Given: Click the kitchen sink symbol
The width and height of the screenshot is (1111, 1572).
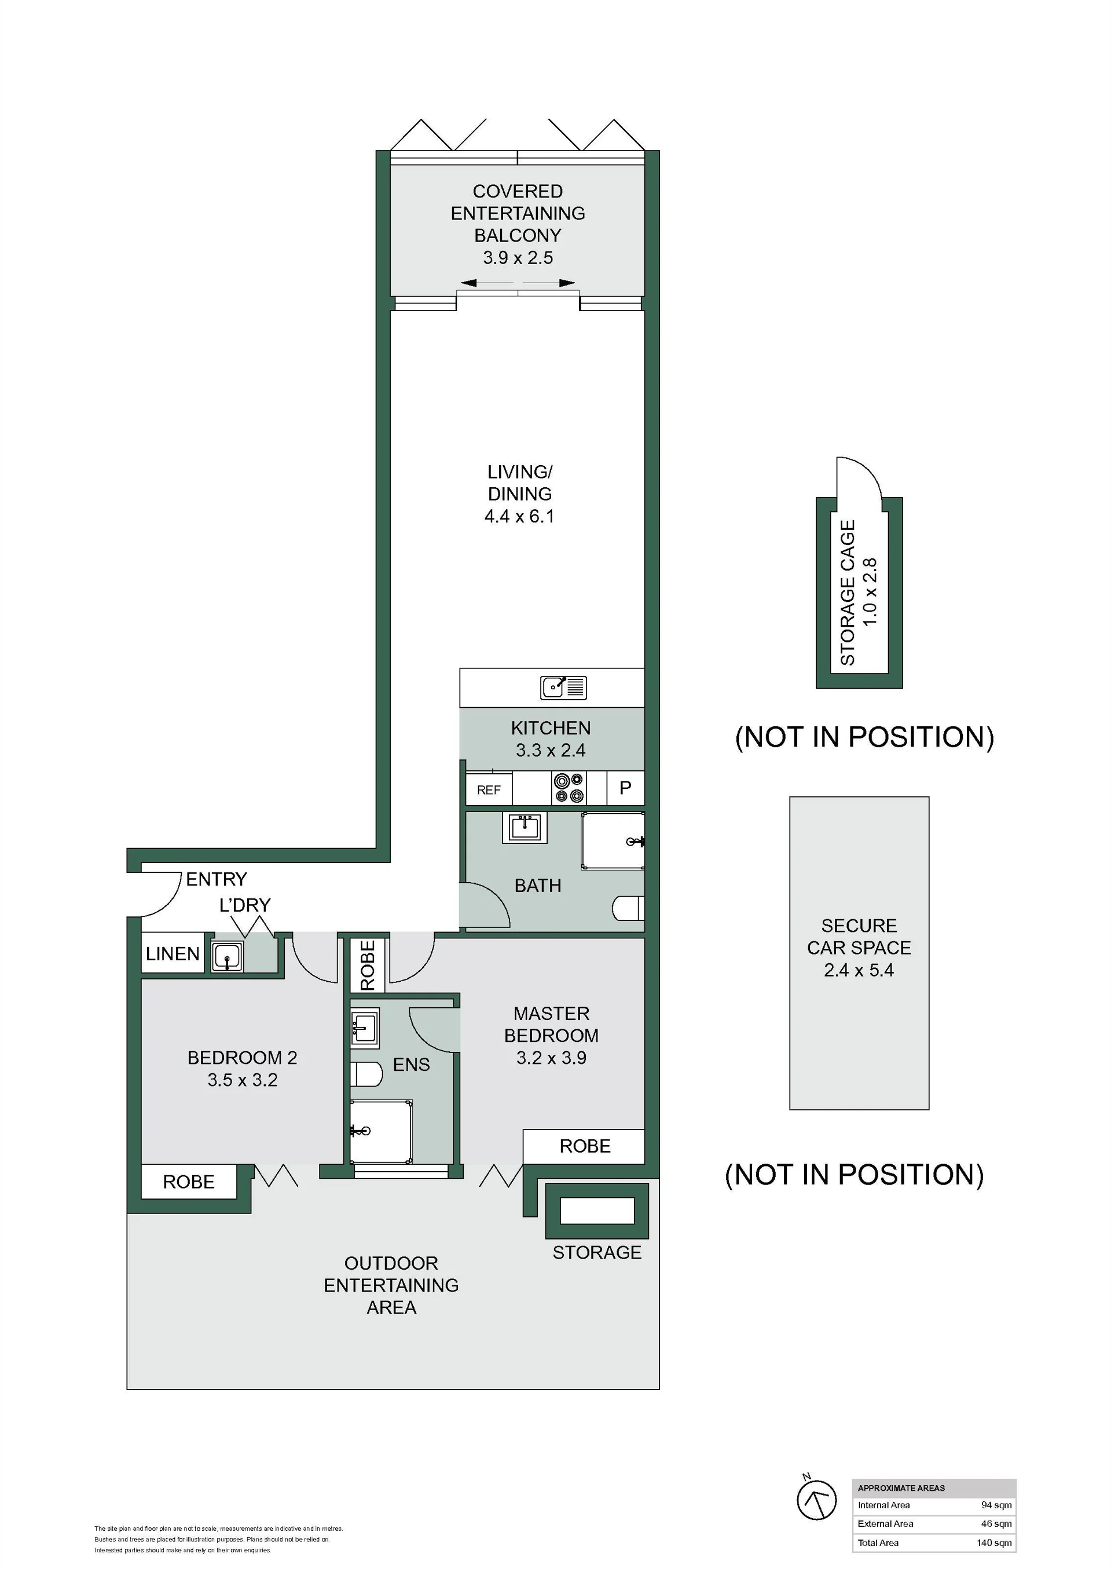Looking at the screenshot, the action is [563, 687].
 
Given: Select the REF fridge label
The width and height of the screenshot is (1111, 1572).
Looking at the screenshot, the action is [489, 790].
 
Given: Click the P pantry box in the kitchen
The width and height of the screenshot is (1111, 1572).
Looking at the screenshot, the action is [625, 788].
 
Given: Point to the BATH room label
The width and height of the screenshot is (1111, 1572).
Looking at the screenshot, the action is [537, 886].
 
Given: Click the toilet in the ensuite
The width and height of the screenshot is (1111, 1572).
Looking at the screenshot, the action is [366, 1074].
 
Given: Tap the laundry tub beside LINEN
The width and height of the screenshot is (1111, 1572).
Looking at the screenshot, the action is [226, 956].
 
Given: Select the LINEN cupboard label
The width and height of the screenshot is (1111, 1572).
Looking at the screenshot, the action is [173, 954].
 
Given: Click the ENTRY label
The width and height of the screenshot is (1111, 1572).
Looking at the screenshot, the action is [217, 879].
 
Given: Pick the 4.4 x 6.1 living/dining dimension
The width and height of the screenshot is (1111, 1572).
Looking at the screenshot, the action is [519, 516].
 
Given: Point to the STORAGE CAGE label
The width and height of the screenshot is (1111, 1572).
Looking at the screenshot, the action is [848, 593].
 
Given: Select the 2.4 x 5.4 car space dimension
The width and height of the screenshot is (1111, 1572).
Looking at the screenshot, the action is [859, 970].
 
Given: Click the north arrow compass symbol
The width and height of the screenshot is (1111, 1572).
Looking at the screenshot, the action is [817, 1500].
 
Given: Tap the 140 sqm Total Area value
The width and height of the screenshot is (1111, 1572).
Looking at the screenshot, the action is [994, 1542].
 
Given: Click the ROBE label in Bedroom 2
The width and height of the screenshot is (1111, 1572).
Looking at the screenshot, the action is [188, 1182].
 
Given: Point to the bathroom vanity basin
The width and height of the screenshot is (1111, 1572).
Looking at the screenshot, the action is [525, 828].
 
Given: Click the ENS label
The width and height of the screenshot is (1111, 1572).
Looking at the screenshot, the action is [412, 1065].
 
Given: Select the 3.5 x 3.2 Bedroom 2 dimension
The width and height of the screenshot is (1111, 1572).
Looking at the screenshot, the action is [243, 1080].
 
